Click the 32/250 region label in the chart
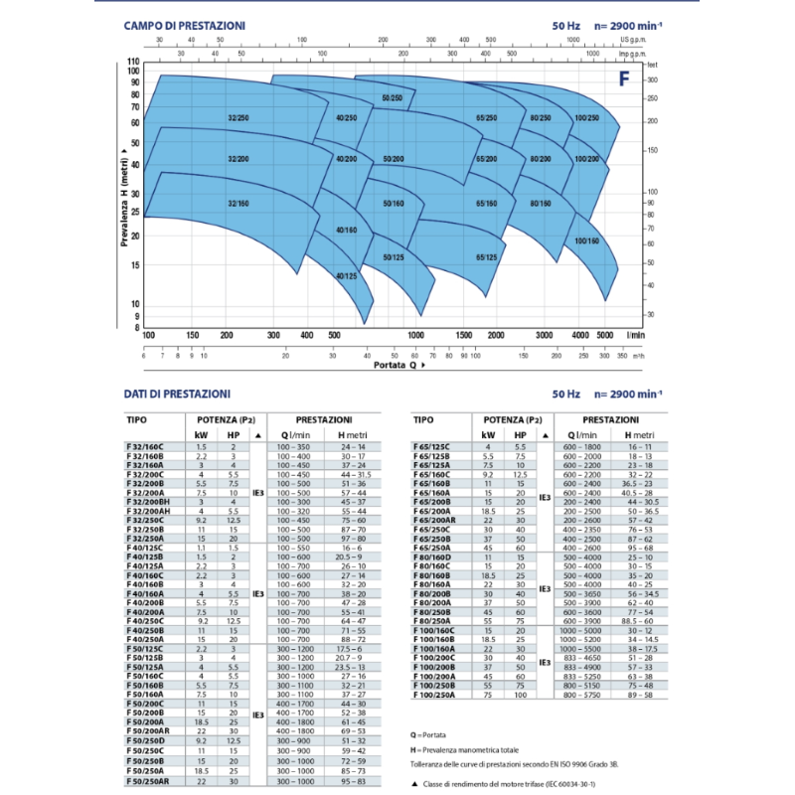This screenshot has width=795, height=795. (x=237, y=118)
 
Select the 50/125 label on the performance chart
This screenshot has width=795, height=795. (x=394, y=256)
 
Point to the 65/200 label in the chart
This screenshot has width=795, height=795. (x=486, y=159)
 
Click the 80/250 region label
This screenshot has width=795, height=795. (x=541, y=118)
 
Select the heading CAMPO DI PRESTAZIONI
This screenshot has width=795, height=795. (x=185, y=25)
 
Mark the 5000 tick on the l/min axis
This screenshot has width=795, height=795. (x=605, y=336)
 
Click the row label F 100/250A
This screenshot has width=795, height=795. (x=434, y=696)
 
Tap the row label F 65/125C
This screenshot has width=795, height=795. (x=431, y=448)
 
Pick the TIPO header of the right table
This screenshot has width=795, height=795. (x=422, y=420)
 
